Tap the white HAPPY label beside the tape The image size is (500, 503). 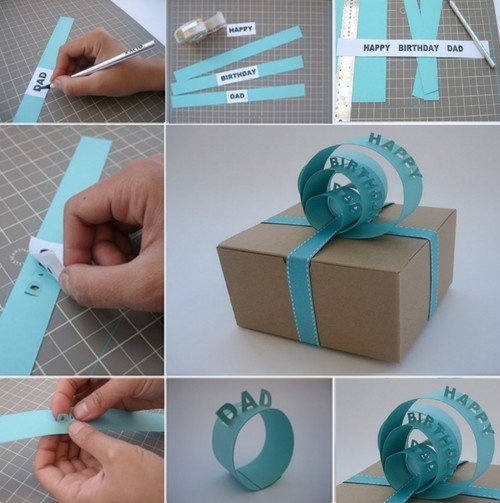241,29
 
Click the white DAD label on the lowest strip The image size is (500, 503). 237,96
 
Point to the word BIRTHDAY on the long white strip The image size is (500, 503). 419,48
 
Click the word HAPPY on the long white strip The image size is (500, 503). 377,48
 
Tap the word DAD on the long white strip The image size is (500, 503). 455,48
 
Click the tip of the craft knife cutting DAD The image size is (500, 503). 50,86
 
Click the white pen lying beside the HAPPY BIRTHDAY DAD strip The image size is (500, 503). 471,33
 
